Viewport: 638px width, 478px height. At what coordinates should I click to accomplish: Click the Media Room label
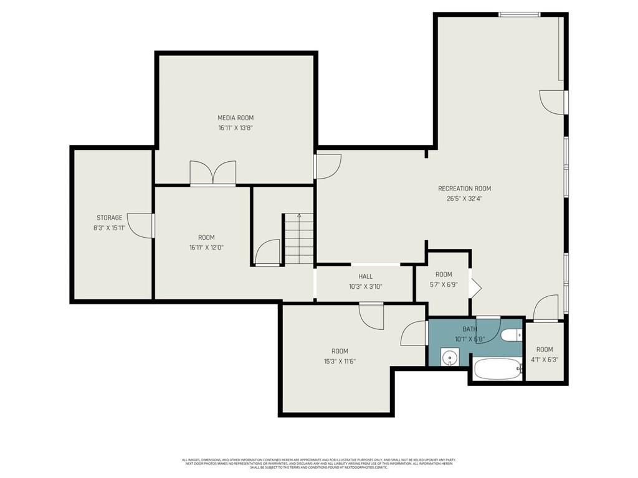pos(235,118)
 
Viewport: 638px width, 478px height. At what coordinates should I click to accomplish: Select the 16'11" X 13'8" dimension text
pos(235,128)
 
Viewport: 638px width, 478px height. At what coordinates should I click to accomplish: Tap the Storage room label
pos(109,218)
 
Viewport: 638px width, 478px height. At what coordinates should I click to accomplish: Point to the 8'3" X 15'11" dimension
pos(109,228)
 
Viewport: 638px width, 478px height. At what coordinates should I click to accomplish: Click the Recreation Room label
pos(464,189)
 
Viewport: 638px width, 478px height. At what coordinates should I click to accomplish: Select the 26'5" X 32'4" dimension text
pos(464,199)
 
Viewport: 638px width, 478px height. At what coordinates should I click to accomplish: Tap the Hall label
pos(365,276)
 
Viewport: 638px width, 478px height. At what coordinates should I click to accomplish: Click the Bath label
pos(469,329)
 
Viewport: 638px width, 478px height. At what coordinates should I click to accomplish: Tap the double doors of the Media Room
pos(213,173)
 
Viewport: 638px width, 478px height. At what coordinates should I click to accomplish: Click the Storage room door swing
pos(141,225)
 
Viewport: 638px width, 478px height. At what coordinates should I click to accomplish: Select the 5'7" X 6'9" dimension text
pos(444,285)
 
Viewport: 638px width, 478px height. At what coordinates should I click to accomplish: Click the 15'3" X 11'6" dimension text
pos(340,361)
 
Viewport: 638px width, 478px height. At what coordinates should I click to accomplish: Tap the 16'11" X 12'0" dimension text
pos(206,247)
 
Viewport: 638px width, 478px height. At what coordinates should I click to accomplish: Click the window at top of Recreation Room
pos(519,14)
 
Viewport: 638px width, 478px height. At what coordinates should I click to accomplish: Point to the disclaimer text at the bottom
pos(318,463)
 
